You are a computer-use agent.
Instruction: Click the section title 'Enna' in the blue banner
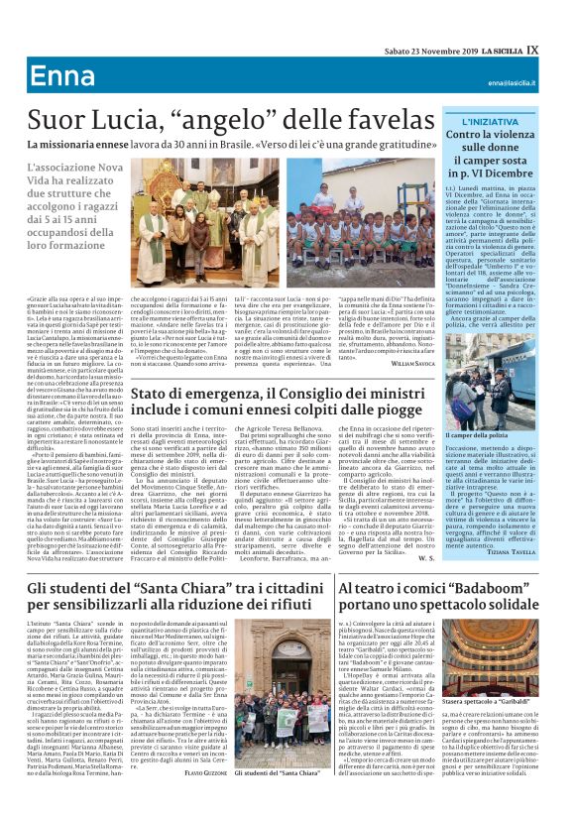click(x=57, y=78)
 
